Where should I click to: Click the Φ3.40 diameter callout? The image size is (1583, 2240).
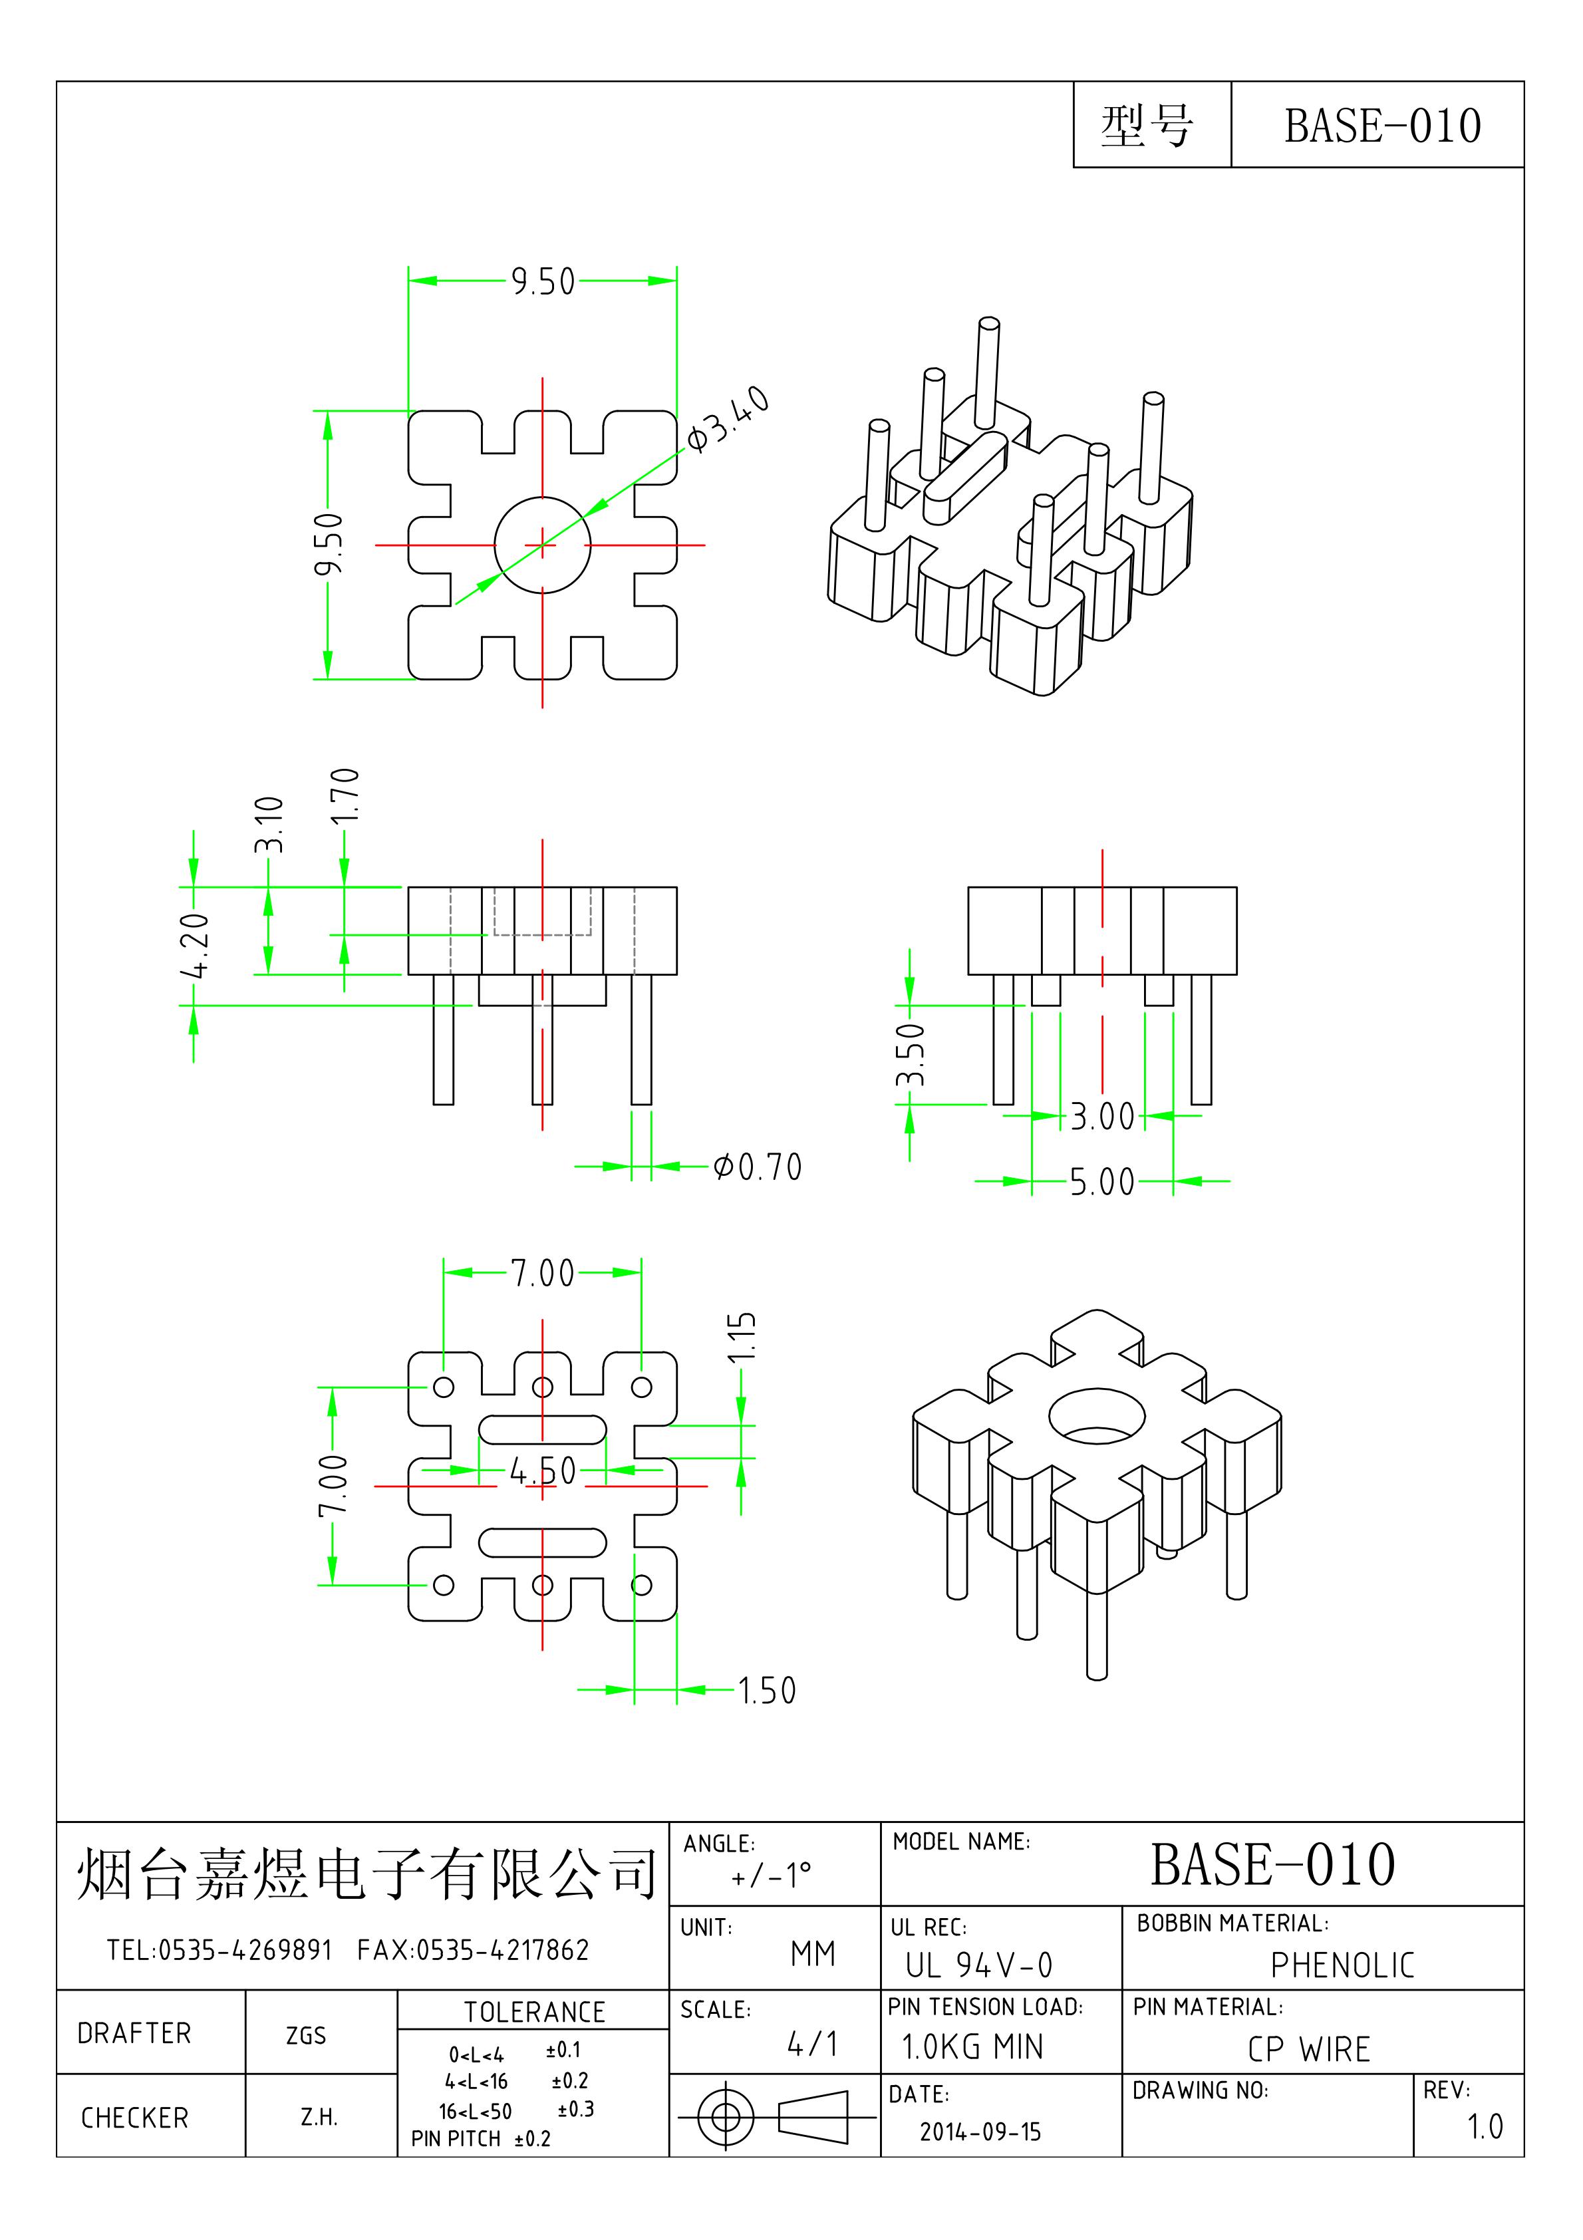coord(728,420)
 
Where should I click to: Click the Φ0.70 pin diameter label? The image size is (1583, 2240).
coord(758,1167)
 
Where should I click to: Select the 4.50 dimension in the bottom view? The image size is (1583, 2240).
coord(543,1470)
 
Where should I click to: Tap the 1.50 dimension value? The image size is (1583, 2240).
coord(767,1691)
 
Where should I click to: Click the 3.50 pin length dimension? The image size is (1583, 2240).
coord(910,1055)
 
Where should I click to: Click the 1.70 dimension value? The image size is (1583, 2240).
coord(345,796)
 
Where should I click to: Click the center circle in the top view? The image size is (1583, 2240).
coord(543,545)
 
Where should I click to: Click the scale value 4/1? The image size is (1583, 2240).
coord(812,2044)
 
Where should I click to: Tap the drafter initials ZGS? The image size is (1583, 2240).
coord(305,2036)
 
